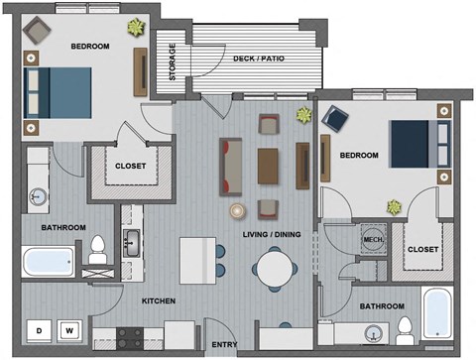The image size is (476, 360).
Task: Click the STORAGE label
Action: [x=173, y=61]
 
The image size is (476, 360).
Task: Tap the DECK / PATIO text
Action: [x=259, y=59]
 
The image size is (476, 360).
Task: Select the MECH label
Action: [x=373, y=239]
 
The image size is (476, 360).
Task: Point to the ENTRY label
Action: [x=224, y=344]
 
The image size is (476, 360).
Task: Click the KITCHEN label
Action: [x=158, y=300]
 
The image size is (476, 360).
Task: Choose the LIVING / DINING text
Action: [x=274, y=234]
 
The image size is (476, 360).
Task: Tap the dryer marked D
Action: [x=41, y=329]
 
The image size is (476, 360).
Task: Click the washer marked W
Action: [x=70, y=329]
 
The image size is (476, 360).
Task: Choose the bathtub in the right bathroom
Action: [x=437, y=312]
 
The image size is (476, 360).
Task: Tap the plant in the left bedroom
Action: [x=134, y=27]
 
